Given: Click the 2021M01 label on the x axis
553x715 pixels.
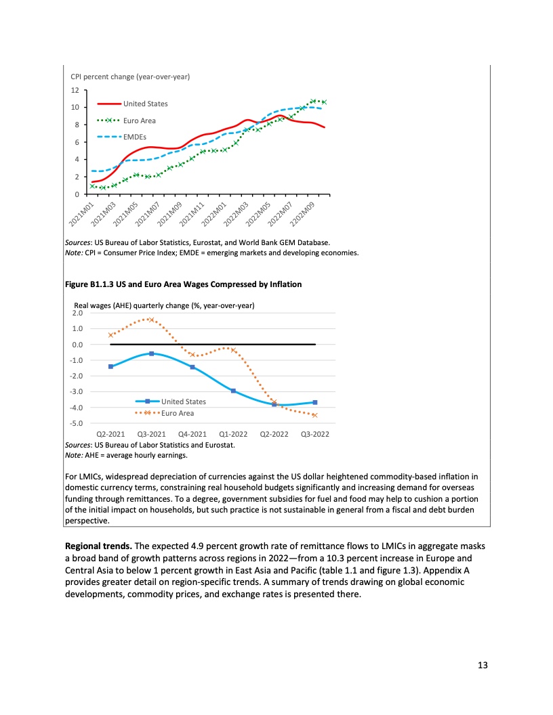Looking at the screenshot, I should click(x=81, y=213).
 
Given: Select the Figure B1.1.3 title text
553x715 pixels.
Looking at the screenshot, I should click(x=183, y=284).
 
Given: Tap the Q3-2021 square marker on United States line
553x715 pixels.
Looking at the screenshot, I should click(x=151, y=353).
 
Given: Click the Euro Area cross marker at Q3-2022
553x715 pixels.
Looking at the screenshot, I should click(x=314, y=415).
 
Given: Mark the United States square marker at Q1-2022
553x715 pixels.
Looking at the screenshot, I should click(x=233, y=391).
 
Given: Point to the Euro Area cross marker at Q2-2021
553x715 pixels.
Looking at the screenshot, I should click(x=110, y=335).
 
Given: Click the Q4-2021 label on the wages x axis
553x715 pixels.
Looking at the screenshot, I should click(x=192, y=434).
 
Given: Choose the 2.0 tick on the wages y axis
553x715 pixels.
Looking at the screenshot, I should click(x=77, y=313).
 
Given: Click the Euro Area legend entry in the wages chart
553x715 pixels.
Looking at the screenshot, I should click(x=177, y=413).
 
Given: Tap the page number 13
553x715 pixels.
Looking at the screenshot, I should click(x=483, y=665).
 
